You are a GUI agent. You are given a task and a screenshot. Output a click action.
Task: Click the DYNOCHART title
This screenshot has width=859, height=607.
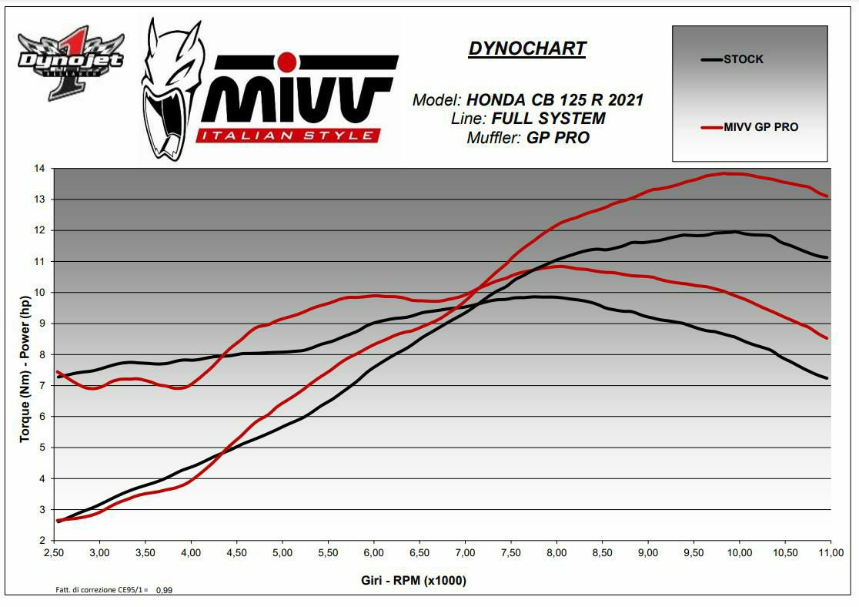(x=527, y=49)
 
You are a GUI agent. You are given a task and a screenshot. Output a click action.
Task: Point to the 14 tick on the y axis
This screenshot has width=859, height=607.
(x=39, y=168)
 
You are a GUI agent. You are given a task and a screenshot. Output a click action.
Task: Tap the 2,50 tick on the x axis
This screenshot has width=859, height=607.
(x=53, y=553)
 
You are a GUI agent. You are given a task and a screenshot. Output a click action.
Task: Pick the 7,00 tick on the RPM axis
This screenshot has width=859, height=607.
(x=465, y=553)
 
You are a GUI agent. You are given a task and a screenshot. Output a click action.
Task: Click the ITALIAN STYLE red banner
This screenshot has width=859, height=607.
(x=288, y=136)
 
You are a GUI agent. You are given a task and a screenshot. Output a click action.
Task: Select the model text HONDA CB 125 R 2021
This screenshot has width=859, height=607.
(x=555, y=100)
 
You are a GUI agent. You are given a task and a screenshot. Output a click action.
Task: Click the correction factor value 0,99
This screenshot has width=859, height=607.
(x=164, y=590)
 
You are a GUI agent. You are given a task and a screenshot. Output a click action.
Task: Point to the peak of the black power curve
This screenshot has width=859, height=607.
(x=735, y=231)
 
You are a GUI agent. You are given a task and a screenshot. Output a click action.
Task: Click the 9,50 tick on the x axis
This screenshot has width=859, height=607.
(x=694, y=553)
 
